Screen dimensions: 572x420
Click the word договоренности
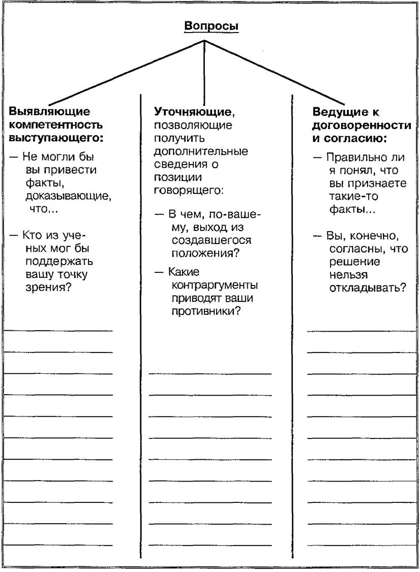[x=362, y=124]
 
